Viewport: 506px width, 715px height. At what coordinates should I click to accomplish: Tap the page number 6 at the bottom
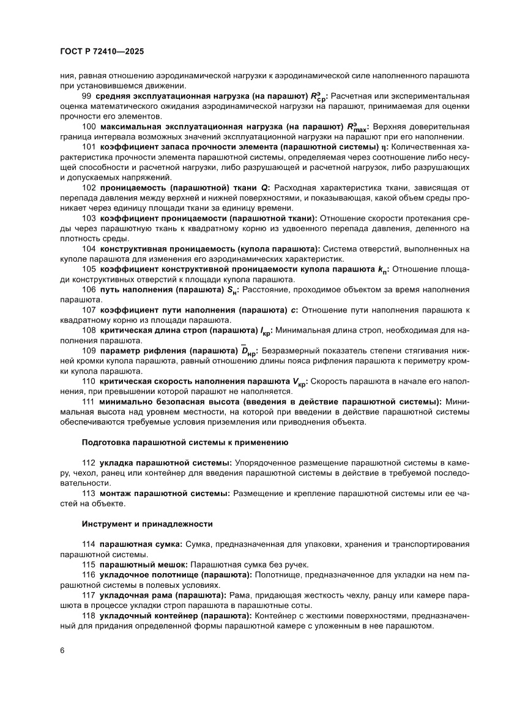[62, 650]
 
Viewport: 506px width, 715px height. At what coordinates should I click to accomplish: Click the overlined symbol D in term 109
[248, 351]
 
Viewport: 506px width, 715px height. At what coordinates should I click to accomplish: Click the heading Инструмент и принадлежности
[147, 524]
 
